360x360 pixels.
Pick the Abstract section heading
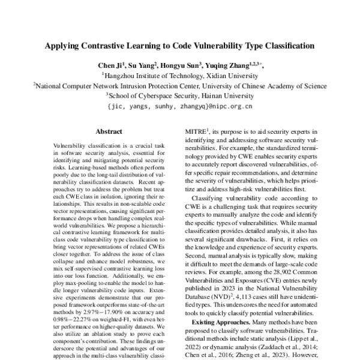pyautogui.click(x=109, y=131)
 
